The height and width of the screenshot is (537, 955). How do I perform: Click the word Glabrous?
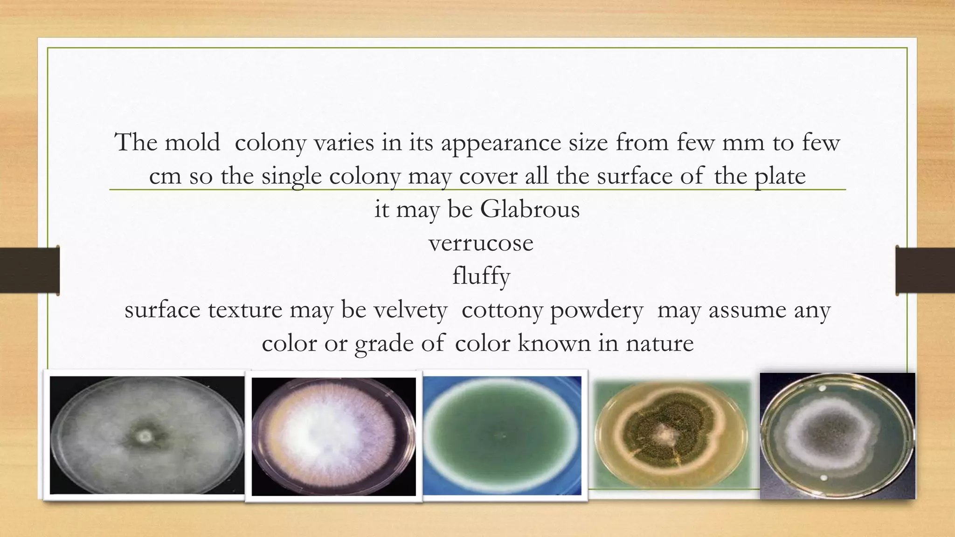pos(530,209)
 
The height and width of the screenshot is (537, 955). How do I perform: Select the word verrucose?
pos(481,243)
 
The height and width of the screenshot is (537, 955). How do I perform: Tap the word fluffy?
pos(481,276)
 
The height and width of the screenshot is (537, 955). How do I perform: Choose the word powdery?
pos(596,310)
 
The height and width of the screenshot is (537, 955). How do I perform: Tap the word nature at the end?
pos(659,344)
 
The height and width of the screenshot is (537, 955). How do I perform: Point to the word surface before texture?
pos(163,310)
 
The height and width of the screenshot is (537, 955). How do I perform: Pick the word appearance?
pos(501,142)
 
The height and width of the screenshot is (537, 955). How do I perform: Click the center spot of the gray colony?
pos(145,436)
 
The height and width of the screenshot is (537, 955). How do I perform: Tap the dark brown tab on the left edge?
pos(29,270)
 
